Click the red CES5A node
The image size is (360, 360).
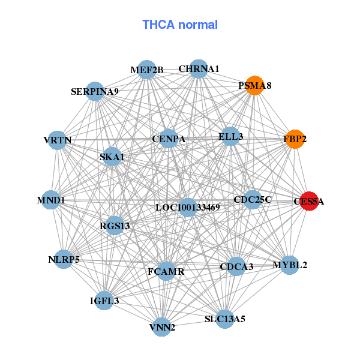(x=309, y=201)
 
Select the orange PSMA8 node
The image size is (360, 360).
(x=254, y=85)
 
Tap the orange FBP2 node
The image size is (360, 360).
(x=295, y=139)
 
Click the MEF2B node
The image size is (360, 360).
(x=147, y=70)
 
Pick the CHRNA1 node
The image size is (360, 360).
(x=199, y=68)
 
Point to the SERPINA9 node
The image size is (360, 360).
(x=95, y=91)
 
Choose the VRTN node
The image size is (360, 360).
(x=57, y=140)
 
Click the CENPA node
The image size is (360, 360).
(x=169, y=139)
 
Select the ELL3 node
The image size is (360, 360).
(x=230, y=136)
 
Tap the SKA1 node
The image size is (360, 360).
(x=112, y=157)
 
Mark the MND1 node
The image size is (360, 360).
(x=50, y=200)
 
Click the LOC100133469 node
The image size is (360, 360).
(x=188, y=208)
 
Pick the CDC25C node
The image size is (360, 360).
(x=253, y=200)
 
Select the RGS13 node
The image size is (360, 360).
(x=115, y=226)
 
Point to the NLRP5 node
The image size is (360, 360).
(x=64, y=259)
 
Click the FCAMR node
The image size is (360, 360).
(x=166, y=271)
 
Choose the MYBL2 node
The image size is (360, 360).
(x=290, y=265)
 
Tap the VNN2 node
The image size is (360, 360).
(x=162, y=327)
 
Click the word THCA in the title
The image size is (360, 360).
(x=158, y=25)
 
